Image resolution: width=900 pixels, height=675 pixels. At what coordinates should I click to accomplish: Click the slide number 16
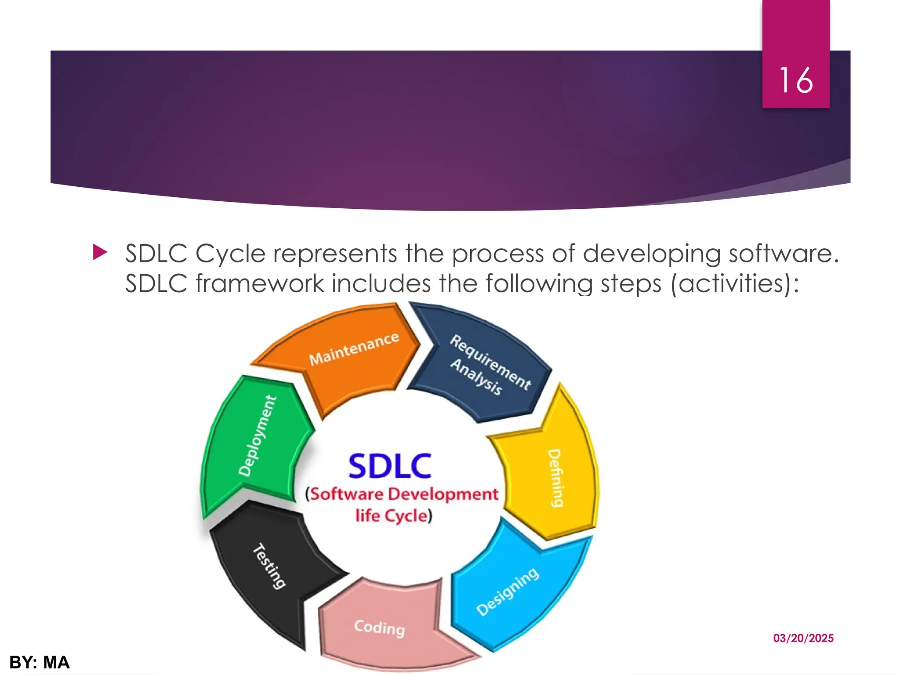796,80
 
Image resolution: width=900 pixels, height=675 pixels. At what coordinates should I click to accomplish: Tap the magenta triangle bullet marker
100,253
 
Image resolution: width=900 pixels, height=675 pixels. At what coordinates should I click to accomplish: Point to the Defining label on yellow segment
556,478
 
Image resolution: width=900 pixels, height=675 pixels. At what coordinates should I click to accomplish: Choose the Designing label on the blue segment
507,592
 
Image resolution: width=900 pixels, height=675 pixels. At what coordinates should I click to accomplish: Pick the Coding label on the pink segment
379,628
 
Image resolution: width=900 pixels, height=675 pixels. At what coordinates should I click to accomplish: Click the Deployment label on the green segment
258,435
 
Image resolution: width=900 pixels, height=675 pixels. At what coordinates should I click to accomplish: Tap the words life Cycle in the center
392,515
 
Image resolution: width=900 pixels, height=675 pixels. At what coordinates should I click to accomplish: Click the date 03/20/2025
803,638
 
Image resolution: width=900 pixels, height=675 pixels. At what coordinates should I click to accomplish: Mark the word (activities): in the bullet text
735,283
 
